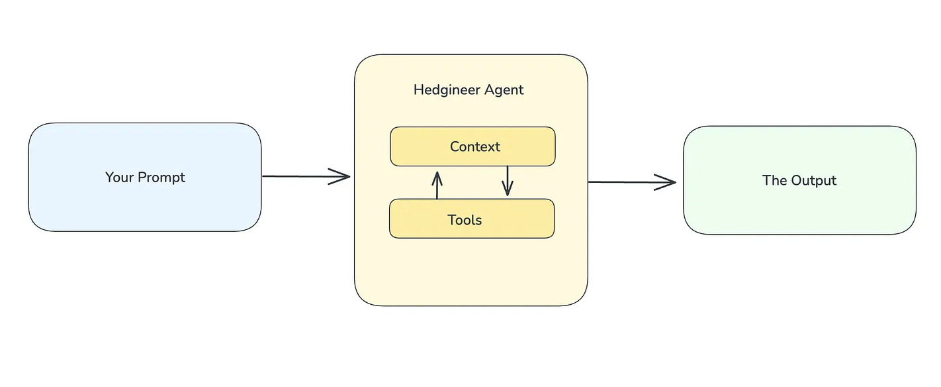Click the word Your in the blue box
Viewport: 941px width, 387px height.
pos(119,178)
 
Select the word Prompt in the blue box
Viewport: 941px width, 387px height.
pos(161,178)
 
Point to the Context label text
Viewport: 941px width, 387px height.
pos(475,146)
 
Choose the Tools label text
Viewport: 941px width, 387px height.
pos(465,220)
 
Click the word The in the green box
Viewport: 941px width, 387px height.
pos(774,180)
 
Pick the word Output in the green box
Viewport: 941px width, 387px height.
pos(814,180)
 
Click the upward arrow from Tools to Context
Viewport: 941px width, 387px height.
pos(437,186)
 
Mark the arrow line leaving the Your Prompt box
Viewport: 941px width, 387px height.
pos(298,176)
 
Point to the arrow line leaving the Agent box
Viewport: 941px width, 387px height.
pos(622,182)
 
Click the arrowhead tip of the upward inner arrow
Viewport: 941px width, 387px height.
pos(437,172)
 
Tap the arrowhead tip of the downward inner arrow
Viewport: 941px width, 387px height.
pos(508,194)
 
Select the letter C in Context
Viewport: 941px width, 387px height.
pos(455,146)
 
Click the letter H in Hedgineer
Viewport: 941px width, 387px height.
pos(418,89)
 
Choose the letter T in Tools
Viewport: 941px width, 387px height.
pos(451,220)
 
